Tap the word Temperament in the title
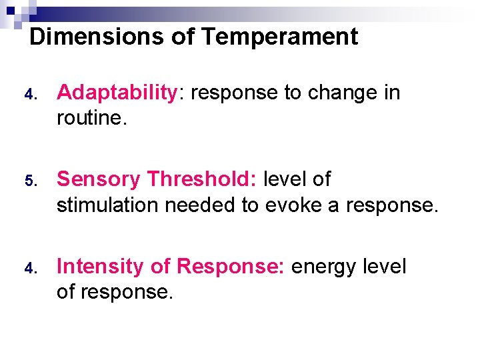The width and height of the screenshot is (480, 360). pos(279,36)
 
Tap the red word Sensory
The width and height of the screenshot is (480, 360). pos(99,179)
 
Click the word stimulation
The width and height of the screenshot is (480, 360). pos(108,205)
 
